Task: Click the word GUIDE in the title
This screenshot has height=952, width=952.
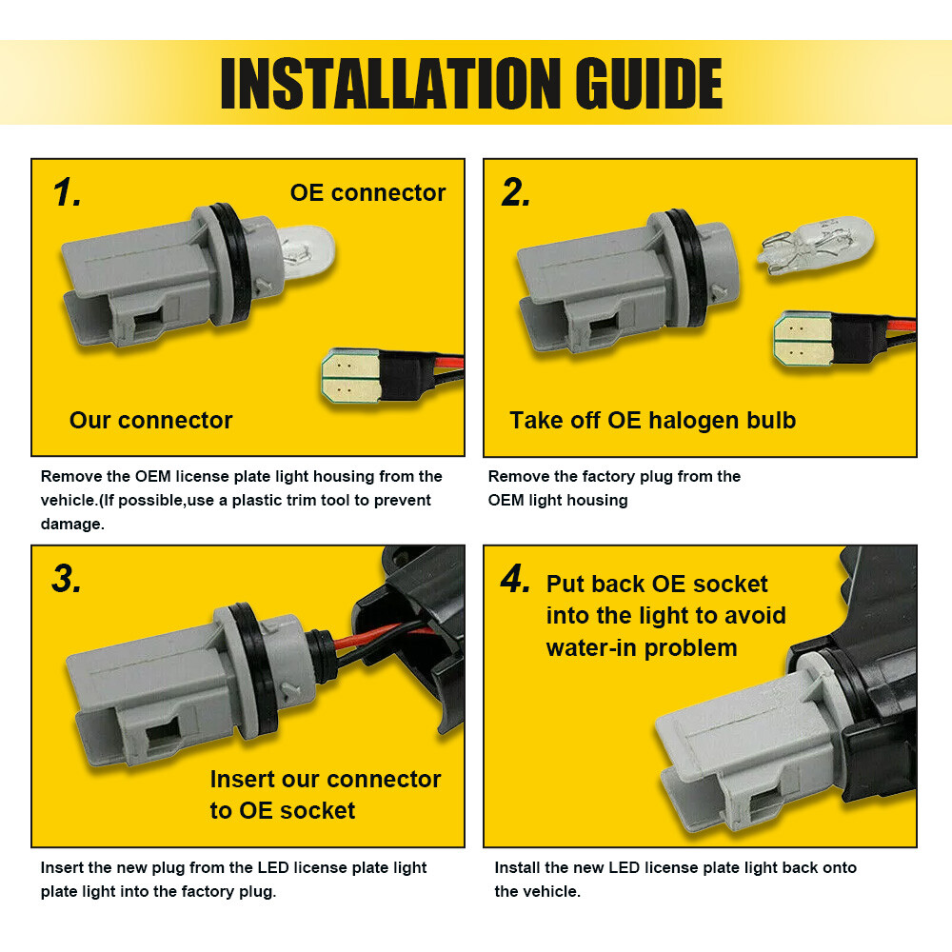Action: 648,84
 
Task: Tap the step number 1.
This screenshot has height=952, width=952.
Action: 67,193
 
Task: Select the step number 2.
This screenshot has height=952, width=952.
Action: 515,193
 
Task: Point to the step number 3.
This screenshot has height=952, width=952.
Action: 67,579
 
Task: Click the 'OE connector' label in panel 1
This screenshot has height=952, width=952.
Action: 367,193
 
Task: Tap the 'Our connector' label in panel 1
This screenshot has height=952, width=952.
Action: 151,420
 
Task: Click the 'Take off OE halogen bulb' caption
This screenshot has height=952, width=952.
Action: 653,421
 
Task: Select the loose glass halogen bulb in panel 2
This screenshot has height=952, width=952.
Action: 817,246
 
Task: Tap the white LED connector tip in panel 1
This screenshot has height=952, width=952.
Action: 351,375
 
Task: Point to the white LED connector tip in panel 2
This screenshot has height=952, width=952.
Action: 803,339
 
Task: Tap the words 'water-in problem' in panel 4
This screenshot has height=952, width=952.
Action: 641,648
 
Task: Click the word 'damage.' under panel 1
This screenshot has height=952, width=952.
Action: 72,524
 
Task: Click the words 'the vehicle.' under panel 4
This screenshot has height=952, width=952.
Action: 537,891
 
